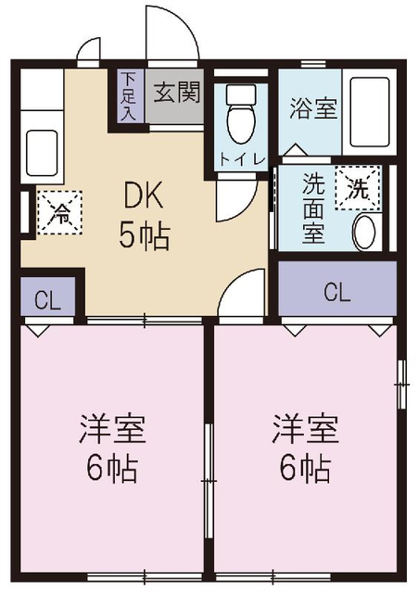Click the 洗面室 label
coord(314,207)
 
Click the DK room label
coord(144,196)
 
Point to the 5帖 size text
coord(144,236)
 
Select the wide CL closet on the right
coord(336,292)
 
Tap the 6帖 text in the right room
coord(304,469)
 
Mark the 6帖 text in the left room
coord(111,469)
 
